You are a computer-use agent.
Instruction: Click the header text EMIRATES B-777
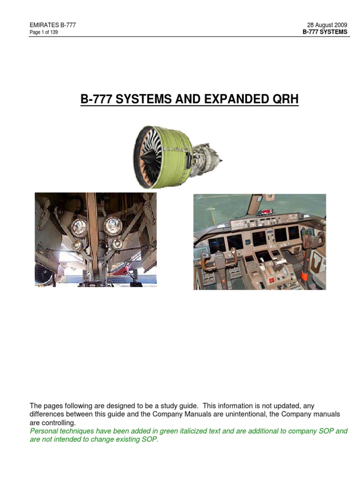[x=52, y=25]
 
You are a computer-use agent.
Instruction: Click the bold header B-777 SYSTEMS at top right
[x=326, y=32]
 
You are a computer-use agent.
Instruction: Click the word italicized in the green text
[x=185, y=431]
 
